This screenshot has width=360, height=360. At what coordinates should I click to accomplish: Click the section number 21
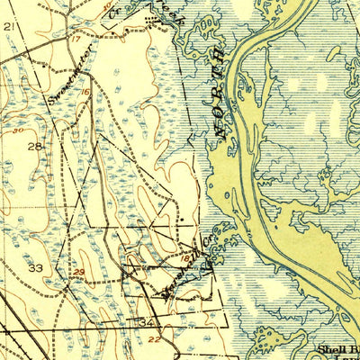10,28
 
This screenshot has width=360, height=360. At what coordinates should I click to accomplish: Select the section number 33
37,268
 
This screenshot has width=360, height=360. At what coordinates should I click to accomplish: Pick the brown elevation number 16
86,93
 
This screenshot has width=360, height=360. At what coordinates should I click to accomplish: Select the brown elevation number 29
80,271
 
